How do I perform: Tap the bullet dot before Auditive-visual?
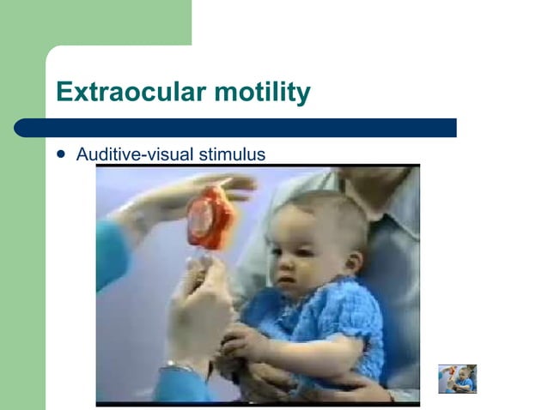60,154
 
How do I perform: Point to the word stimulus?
232,154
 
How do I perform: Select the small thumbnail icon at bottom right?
457,378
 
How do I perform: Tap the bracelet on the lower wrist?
179,367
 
